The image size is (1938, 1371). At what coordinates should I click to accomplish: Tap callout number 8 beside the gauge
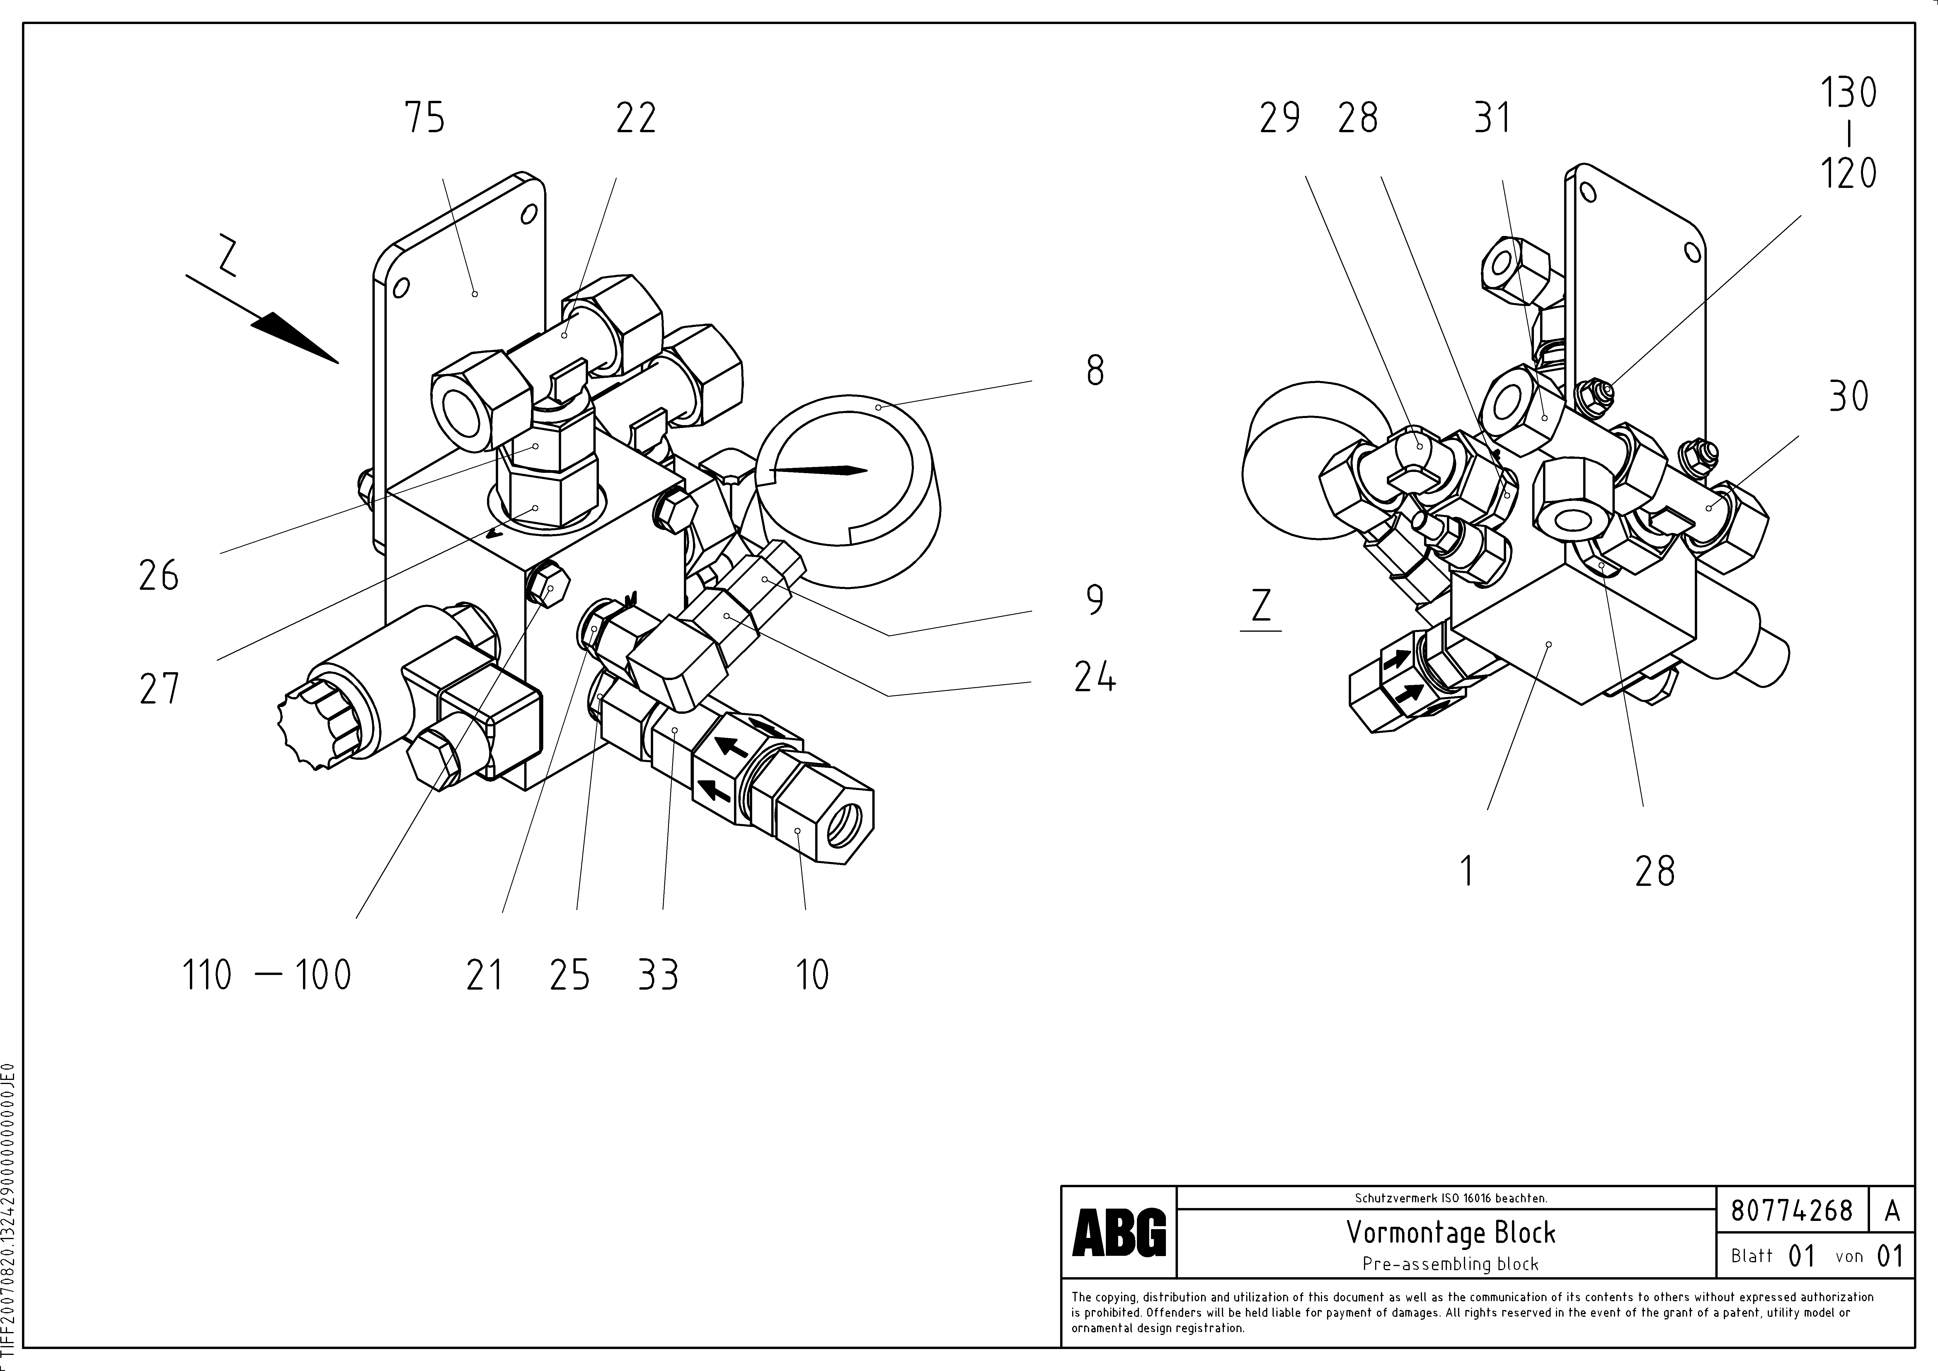1095,371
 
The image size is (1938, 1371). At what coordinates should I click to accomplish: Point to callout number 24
1095,677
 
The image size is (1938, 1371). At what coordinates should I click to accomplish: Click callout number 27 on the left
159,688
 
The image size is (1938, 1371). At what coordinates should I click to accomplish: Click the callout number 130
1848,93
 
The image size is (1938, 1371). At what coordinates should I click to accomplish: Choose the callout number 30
1848,396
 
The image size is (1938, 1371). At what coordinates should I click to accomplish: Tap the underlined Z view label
1261,606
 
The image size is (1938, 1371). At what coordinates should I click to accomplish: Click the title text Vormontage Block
1450,1234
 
